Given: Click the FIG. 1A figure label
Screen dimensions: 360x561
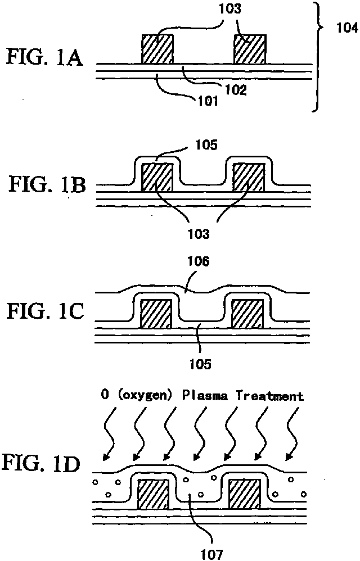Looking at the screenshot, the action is tap(45, 58).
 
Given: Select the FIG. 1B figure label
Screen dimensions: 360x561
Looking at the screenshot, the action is tap(47, 185).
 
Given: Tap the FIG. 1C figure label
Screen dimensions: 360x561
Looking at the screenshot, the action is tap(46, 311).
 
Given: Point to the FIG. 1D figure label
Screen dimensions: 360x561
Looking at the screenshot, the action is tap(41, 463).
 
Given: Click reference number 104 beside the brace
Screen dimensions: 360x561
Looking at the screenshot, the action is tap(347, 28).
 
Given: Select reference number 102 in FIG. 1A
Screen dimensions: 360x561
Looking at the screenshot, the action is tap(236, 90).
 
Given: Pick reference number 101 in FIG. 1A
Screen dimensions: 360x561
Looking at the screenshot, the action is tap(208, 101).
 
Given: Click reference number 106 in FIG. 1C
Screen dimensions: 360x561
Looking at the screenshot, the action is tap(198, 261).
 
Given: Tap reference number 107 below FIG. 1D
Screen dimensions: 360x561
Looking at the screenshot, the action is tap(211, 554).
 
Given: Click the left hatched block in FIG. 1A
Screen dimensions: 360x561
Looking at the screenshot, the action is tap(157, 49).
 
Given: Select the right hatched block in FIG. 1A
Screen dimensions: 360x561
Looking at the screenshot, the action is tap(250, 49).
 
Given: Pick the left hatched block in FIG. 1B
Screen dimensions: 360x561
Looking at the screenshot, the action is tap(157, 177).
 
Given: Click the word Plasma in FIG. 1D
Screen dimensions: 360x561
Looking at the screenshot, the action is tap(205, 396).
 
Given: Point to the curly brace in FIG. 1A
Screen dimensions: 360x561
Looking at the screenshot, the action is tap(317, 57).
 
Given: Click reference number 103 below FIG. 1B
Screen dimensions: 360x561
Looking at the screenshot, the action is tap(199, 234).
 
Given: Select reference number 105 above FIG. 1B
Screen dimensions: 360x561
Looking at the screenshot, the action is tap(206, 144).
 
